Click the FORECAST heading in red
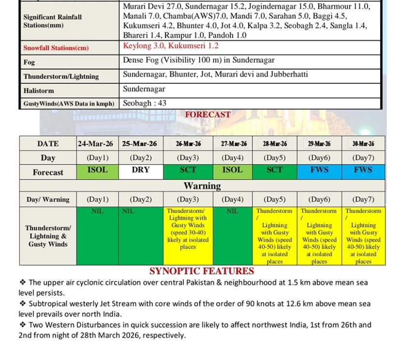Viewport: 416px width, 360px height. tap(208, 115)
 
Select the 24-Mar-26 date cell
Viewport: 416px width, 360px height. tap(97, 144)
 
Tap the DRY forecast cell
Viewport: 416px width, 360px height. tap(141, 170)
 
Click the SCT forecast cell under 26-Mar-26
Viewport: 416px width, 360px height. tap(188, 170)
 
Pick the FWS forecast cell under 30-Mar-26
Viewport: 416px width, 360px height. tap(363, 170)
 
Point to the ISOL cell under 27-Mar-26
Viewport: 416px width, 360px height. tap(232, 170)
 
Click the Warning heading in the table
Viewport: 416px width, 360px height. tap(202, 186)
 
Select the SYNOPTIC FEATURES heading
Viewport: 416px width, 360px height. tap(201, 271)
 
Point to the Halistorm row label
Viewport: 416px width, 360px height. tap(39, 90)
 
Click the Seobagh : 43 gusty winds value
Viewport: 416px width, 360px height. tap(145, 103)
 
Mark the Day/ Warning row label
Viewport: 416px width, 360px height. tap(48, 199)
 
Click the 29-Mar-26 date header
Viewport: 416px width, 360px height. tap(319, 144)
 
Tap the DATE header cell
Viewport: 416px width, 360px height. tap(48, 144)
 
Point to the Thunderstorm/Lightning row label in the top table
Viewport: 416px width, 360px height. tap(61, 76)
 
